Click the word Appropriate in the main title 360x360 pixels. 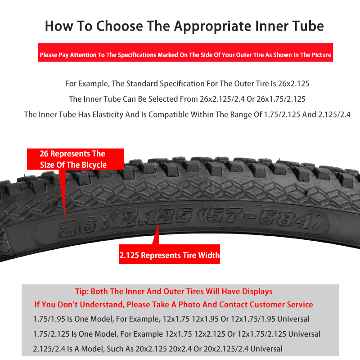tap(212, 26)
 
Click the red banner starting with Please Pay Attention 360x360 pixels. tap(185, 52)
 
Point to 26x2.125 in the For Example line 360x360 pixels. tap(294, 84)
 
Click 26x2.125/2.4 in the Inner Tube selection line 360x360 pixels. tap(222, 99)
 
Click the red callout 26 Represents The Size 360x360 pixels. tap(75, 159)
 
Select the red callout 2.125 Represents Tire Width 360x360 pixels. tap(169, 254)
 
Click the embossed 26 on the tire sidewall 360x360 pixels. tap(77, 228)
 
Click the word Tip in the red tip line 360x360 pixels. tap(81, 292)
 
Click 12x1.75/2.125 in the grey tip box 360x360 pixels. tap(262, 334)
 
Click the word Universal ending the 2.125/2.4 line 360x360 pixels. tap(266, 349)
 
